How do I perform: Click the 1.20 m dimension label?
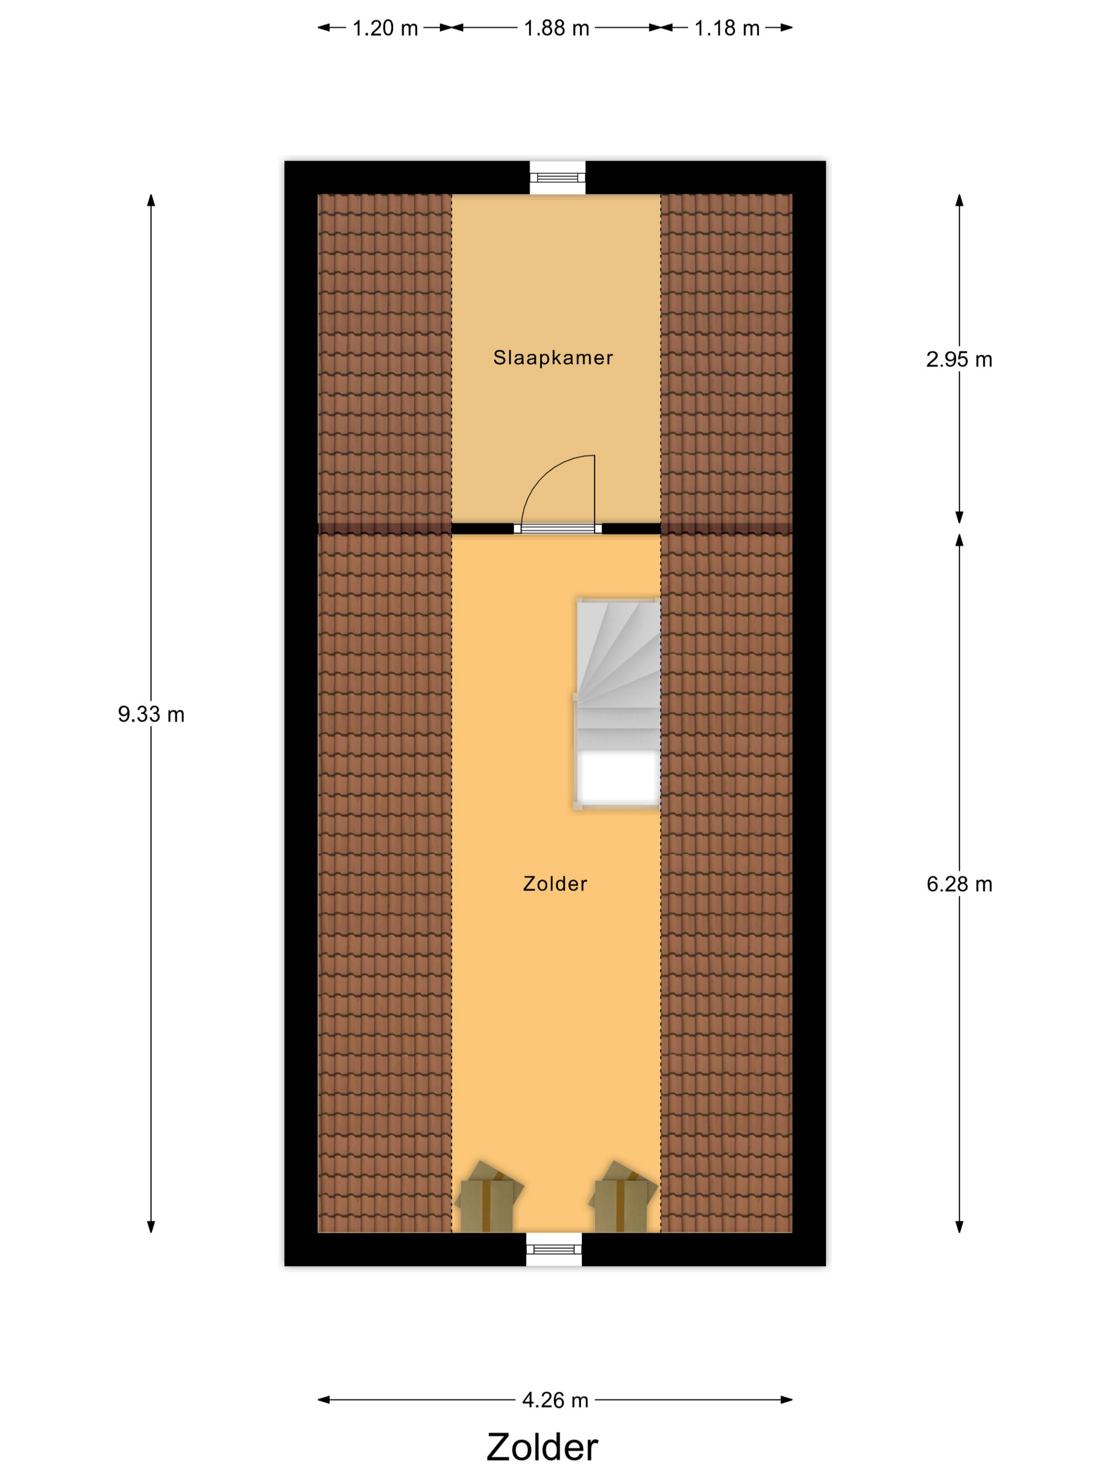385,28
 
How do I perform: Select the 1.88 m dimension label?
556,28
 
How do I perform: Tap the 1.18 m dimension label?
727,28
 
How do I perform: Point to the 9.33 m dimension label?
151,715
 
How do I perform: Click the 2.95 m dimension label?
959,359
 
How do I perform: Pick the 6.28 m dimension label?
959,884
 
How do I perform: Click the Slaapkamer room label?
553,358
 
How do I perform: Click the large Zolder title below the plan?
542,1447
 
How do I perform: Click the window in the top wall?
557,177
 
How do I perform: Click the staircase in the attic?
617,704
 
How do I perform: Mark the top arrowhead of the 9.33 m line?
151,200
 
